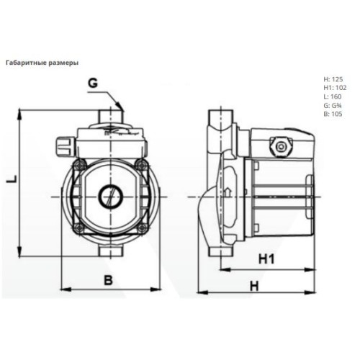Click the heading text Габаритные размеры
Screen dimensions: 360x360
click(x=42, y=63)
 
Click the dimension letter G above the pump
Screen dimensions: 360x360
click(x=93, y=84)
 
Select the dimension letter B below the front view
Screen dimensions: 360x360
click(x=108, y=280)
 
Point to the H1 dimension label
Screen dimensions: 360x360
click(x=266, y=259)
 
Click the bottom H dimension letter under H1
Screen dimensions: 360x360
click(x=255, y=286)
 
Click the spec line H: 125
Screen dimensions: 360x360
click(x=333, y=79)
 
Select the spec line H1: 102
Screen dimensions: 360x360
click(x=335, y=88)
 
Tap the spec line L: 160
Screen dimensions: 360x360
click(x=333, y=96)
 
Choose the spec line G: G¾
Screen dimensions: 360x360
click(x=333, y=105)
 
